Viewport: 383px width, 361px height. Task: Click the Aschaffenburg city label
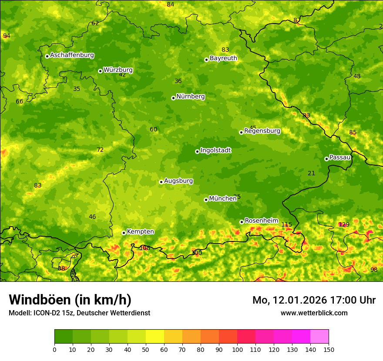coord(72,55)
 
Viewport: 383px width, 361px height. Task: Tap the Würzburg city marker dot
coord(100,71)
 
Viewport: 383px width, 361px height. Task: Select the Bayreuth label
coord(223,58)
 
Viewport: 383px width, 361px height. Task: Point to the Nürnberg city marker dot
coord(173,98)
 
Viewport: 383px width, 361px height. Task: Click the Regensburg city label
coord(262,131)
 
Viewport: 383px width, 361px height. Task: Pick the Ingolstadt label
coord(215,150)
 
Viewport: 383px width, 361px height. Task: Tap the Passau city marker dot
coord(326,159)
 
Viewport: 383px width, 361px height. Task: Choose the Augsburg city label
coord(178,181)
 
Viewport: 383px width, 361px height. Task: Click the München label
coord(223,199)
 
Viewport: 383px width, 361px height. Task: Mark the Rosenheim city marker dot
coord(242,222)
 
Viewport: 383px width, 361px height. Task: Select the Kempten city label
coord(140,232)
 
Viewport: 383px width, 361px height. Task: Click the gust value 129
coord(344,224)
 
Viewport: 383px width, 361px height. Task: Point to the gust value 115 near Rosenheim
coord(286,224)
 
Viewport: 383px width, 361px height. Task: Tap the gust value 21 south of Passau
coord(311,173)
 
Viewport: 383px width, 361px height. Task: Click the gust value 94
coord(6,36)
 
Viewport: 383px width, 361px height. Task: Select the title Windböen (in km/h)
coord(70,300)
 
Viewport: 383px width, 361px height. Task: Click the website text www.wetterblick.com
coord(314,313)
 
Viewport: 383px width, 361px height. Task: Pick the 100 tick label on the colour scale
coord(237,349)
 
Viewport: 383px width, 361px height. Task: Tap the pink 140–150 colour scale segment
coord(319,336)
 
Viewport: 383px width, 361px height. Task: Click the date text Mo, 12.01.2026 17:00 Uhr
coord(314,300)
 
